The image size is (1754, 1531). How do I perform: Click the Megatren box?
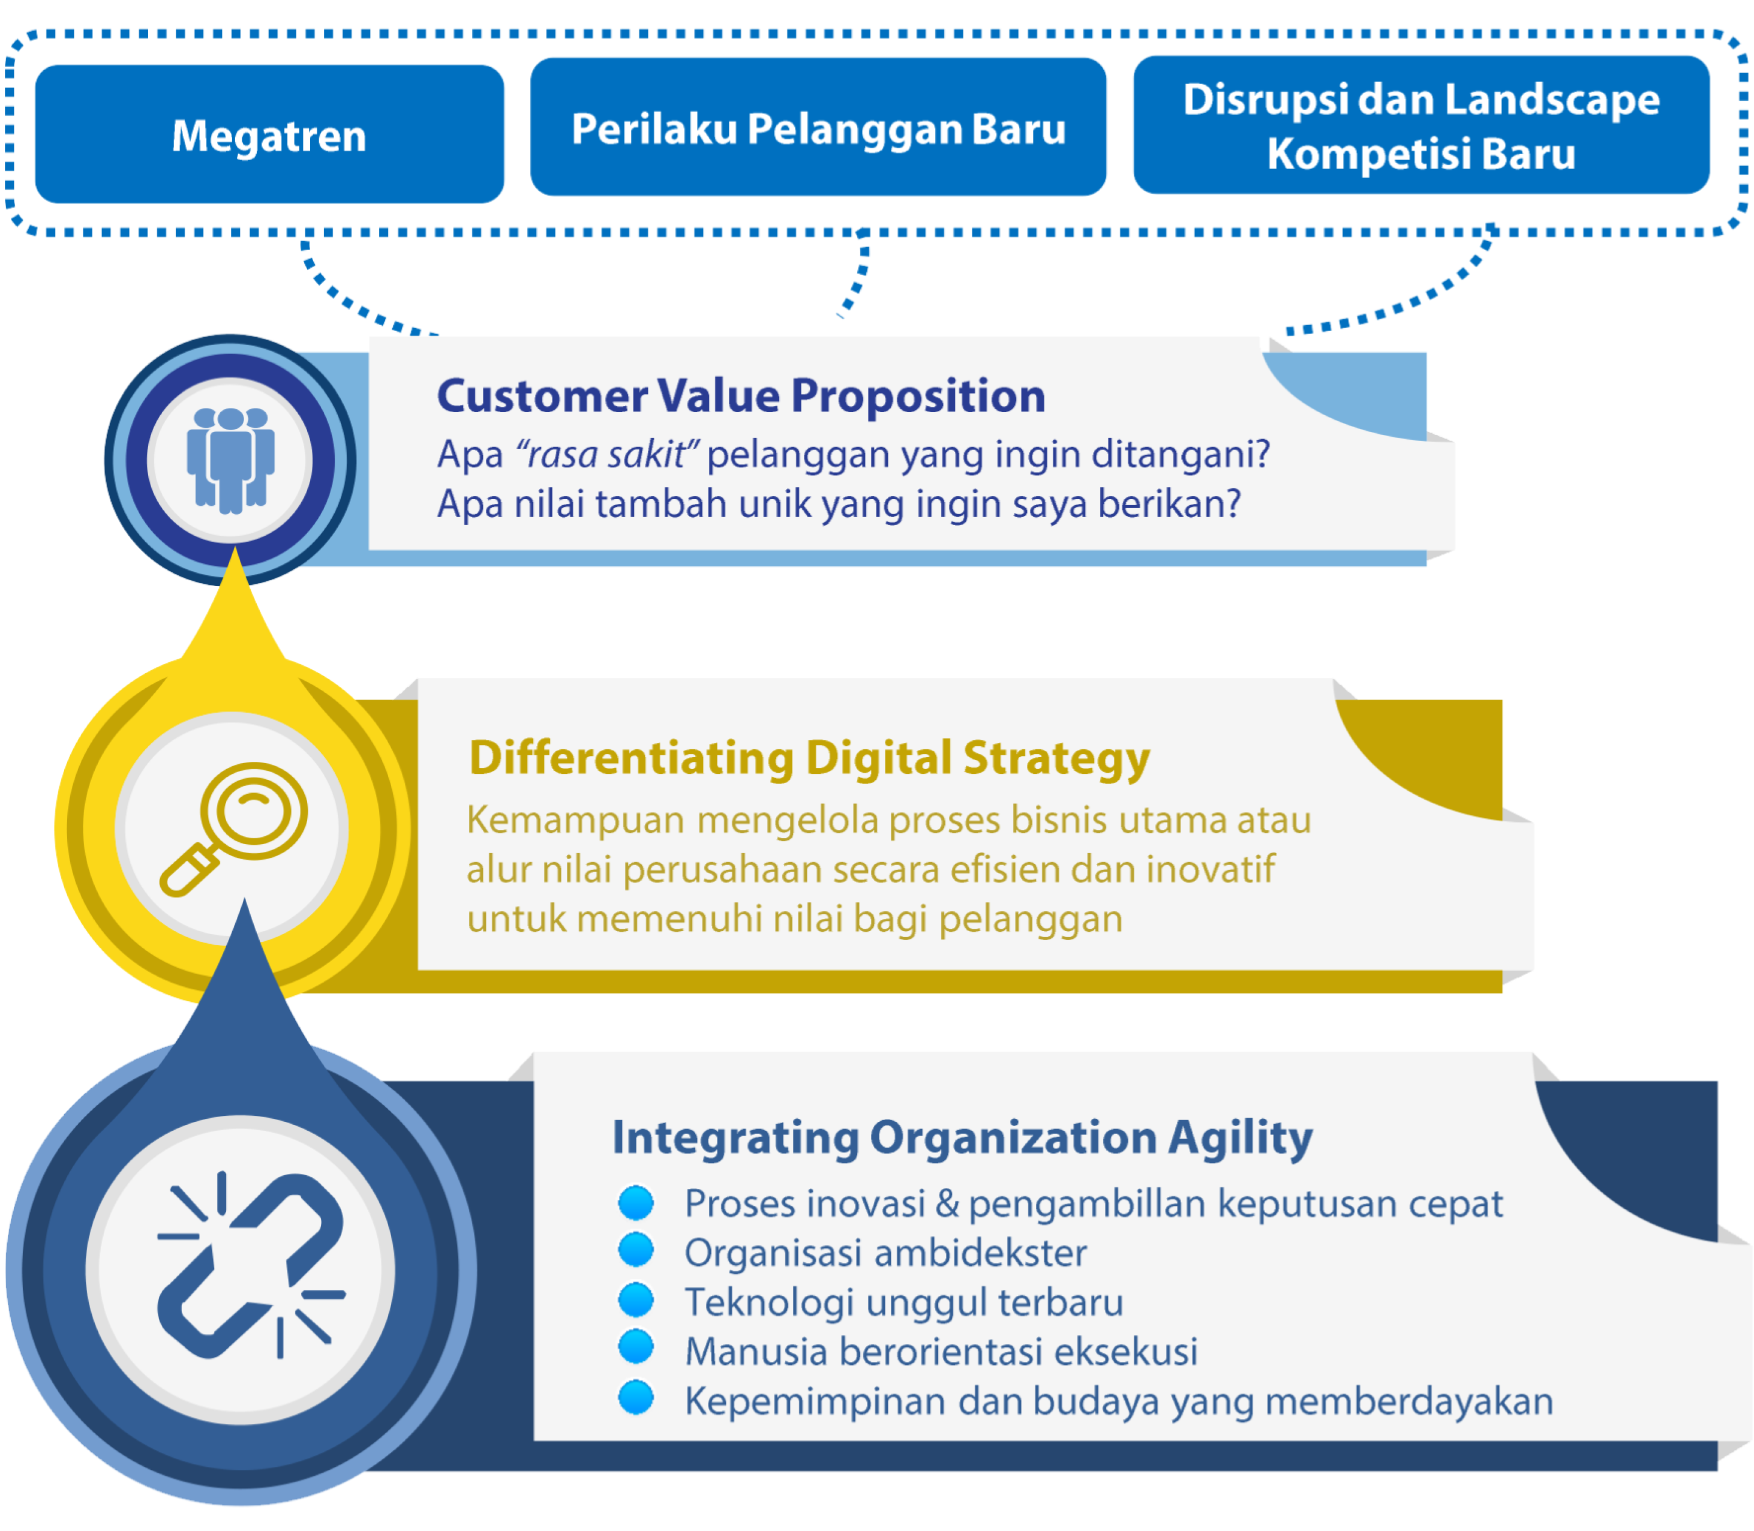(269, 135)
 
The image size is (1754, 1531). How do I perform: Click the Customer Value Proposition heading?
(741, 397)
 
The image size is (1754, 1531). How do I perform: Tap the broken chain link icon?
(250, 1266)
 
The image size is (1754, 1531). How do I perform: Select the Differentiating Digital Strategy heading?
(809, 758)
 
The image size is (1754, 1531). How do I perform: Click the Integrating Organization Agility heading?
(962, 1138)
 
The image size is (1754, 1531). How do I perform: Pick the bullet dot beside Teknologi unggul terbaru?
(636, 1299)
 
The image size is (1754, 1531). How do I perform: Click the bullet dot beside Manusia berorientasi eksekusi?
(636, 1347)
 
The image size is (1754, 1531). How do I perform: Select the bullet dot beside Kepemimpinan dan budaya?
(636, 1398)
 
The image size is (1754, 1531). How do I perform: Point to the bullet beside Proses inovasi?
(636, 1202)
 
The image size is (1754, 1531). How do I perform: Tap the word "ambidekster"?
(981, 1253)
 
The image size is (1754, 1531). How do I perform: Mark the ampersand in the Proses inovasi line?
(947, 1204)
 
